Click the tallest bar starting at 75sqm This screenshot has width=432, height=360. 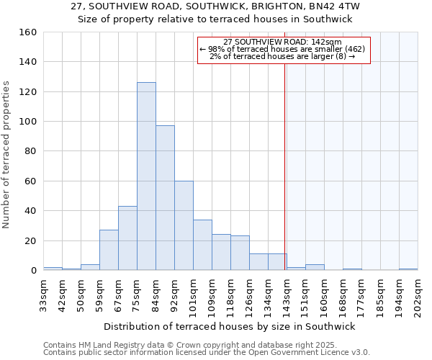[x=146, y=176]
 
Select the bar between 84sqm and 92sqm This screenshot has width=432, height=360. [x=165, y=198]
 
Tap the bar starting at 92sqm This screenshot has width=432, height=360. [x=184, y=225]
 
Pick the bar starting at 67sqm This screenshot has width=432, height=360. [x=127, y=238]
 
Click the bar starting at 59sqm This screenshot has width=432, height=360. [x=109, y=250]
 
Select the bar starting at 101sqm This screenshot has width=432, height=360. [x=202, y=245]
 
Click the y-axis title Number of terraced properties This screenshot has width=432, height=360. [x=6, y=154]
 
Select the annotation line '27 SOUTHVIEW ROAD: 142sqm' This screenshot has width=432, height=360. [x=283, y=42]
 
